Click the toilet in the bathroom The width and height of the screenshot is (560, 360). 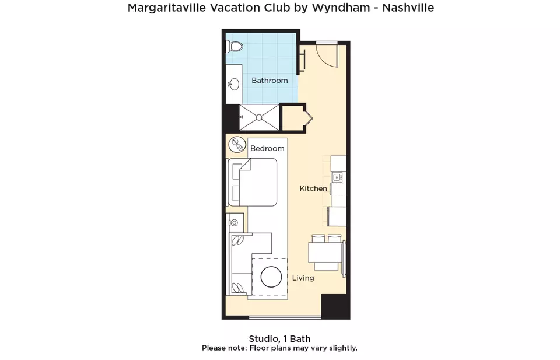[235, 46]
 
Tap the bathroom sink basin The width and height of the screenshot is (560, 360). [234, 85]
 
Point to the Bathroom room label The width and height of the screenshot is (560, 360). [269, 81]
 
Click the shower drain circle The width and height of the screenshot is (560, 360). [259, 117]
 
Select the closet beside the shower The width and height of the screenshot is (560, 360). [293, 118]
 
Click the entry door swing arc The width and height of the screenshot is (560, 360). [325, 57]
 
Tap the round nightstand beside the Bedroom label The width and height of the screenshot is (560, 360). [237, 145]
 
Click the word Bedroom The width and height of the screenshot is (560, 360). [267, 148]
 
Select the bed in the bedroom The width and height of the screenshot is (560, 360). [253, 182]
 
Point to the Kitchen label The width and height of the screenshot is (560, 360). [313, 188]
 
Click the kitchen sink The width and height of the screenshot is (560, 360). [337, 177]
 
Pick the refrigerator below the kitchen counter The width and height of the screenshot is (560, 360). [337, 216]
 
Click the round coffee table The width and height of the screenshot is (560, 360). [271, 277]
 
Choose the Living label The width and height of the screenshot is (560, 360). [303, 278]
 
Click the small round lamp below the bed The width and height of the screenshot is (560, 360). [235, 223]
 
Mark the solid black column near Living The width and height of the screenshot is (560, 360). [334, 306]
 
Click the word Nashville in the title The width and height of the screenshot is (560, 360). [408, 8]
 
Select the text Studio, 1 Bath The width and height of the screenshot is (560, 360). [279, 338]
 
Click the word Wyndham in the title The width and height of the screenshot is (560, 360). [341, 8]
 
